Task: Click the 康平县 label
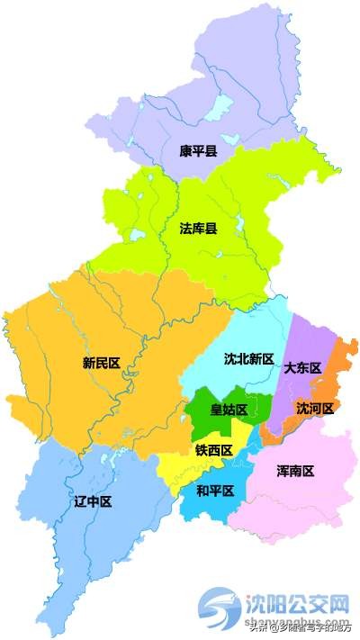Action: (198, 151)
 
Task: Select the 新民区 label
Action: (101, 364)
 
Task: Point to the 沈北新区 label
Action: (248, 358)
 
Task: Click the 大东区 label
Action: (302, 368)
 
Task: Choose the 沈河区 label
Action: (315, 409)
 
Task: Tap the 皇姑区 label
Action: (229, 410)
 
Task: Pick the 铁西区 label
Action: (214, 450)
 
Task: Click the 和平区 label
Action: (215, 491)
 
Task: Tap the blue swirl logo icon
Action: (221, 606)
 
